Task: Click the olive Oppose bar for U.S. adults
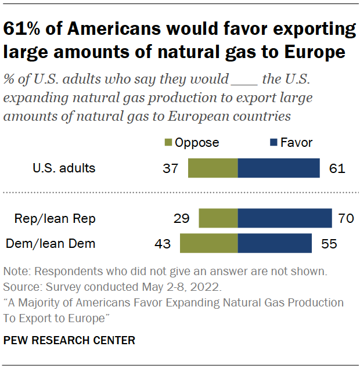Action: [213, 168]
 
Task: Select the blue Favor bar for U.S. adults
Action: [279, 168]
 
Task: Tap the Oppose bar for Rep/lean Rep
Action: [218, 219]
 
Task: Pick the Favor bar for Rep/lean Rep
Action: [285, 219]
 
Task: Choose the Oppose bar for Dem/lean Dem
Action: [209, 244]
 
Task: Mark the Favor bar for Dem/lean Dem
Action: [275, 244]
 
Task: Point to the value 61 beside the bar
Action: [337, 169]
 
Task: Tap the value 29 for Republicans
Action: [182, 219]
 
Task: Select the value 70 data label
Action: [346, 219]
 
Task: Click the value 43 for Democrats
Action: [163, 244]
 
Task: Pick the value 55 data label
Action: [329, 244]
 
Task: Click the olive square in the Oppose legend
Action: [168, 143]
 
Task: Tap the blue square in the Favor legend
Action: [272, 143]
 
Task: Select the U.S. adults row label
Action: [64, 169]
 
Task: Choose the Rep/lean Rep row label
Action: [56, 219]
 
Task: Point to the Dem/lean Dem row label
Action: [51, 244]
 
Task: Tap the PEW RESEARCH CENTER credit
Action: [69, 341]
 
